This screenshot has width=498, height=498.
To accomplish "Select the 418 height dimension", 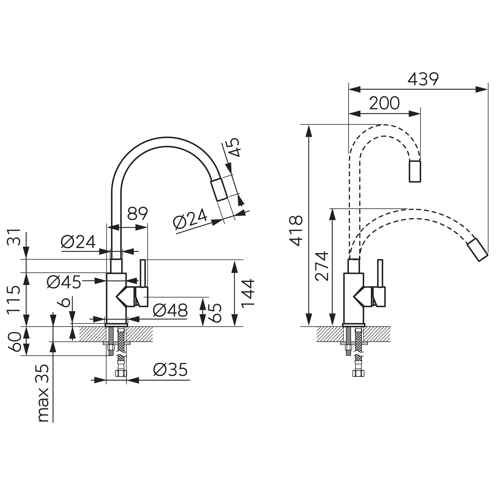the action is pos(296,231).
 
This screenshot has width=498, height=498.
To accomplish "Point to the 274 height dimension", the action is pos(322,266).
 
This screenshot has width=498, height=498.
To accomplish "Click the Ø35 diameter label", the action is pos(170,370).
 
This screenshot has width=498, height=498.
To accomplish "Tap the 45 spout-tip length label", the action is pos(234,147).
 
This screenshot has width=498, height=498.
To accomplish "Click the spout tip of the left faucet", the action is pos(219,189).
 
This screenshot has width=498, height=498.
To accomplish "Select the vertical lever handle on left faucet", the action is pos(143,273).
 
